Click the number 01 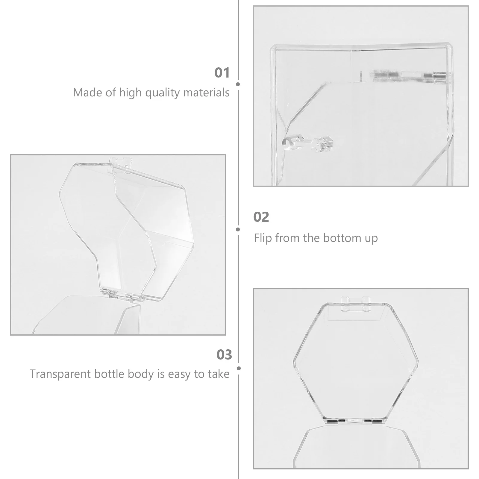tap(222, 73)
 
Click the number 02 tap(261, 217)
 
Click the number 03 tap(224, 355)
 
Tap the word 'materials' tap(206, 93)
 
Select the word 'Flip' tap(263, 238)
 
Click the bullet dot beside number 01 tap(238, 84)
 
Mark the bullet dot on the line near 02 tap(238, 230)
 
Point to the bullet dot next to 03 tap(239, 369)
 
